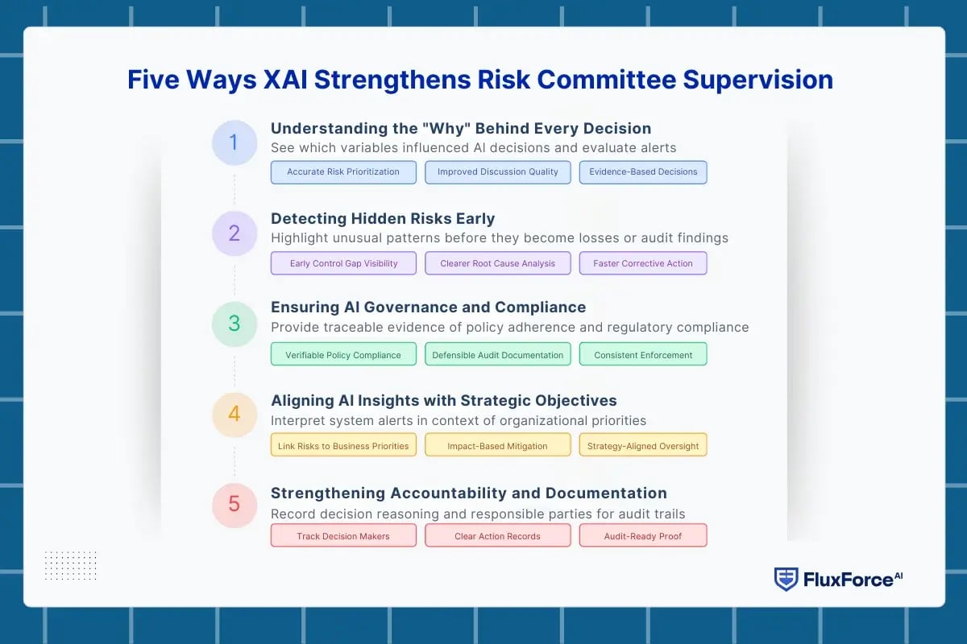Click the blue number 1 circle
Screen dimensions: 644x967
[234, 143]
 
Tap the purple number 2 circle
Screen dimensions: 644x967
[234, 233]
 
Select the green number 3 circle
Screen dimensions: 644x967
[234, 324]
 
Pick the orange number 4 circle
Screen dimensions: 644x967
[234, 414]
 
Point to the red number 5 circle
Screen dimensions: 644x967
[234, 504]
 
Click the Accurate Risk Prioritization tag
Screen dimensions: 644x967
[343, 172]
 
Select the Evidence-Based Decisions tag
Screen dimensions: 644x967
[643, 172]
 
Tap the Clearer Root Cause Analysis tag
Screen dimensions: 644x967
[497, 263]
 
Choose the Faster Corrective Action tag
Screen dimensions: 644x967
[643, 263]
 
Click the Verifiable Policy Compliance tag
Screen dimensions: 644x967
[343, 355]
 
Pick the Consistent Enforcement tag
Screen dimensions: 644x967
[643, 355]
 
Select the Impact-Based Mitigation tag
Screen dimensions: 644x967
[497, 445]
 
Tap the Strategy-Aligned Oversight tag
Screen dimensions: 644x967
[643, 445]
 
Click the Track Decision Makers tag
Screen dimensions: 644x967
[343, 536]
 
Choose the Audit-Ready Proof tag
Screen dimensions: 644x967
[643, 536]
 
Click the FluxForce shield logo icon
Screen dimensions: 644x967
[786, 579]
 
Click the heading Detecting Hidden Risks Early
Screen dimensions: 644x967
[383, 218]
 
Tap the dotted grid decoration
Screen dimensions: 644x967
[70, 565]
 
